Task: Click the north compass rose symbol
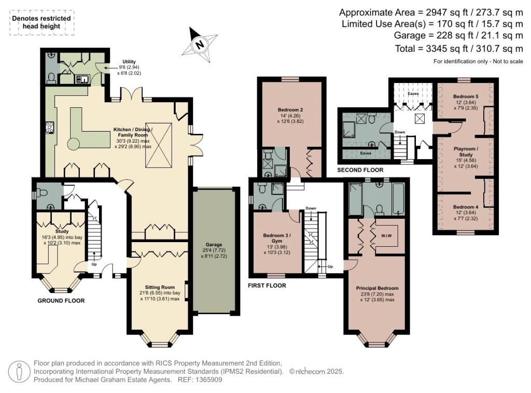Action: click(x=199, y=44)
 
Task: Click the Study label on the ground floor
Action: click(x=62, y=231)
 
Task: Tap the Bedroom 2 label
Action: click(x=290, y=109)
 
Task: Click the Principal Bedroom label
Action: click(x=377, y=288)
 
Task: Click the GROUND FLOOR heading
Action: click(x=61, y=301)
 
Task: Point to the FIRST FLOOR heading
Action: click(x=267, y=285)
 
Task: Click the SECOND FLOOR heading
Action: click(x=360, y=170)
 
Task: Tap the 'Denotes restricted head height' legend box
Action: click(x=41, y=22)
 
